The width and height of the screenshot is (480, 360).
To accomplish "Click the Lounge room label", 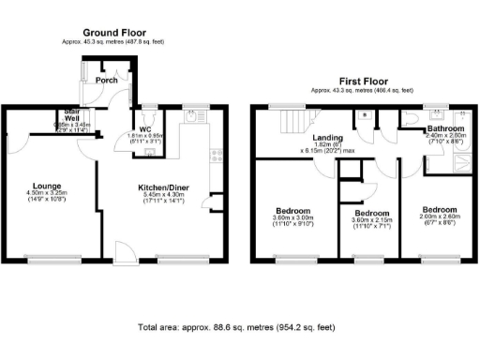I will [x=48, y=186].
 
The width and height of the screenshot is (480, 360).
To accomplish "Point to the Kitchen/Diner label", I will [x=162, y=187].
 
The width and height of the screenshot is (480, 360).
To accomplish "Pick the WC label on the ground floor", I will [x=145, y=130].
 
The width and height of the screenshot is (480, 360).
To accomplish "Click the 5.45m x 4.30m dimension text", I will [x=162, y=195].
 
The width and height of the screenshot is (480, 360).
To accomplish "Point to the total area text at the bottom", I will [x=234, y=328].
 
